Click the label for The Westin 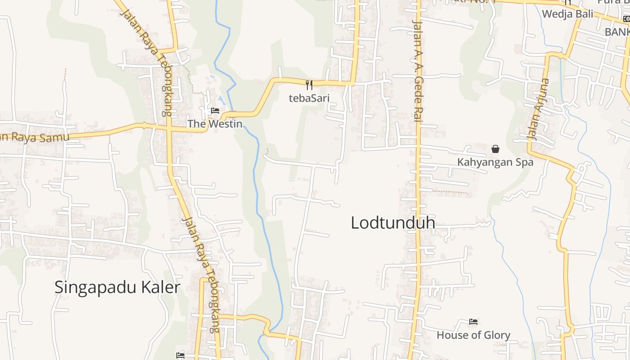tap(215, 124)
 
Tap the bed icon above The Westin tap(215, 111)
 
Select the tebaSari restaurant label tap(309, 98)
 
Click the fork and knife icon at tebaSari tap(309, 85)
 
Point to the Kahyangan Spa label tap(495, 162)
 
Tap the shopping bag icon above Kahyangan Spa tap(495, 149)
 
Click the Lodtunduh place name tap(393, 223)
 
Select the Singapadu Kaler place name tap(117, 287)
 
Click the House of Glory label tap(473, 335)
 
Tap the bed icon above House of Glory tap(473, 322)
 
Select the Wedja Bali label tap(567, 14)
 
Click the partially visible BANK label tap(617, 32)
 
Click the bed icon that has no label tap(180, 355)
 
